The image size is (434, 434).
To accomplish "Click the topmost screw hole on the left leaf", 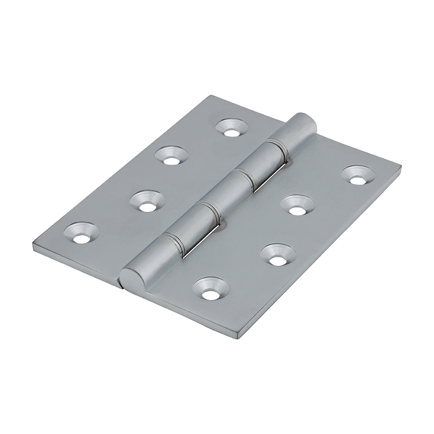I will [232, 128].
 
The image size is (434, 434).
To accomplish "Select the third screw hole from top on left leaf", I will [148, 202].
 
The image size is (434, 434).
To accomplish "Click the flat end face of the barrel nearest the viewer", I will [128, 276].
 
